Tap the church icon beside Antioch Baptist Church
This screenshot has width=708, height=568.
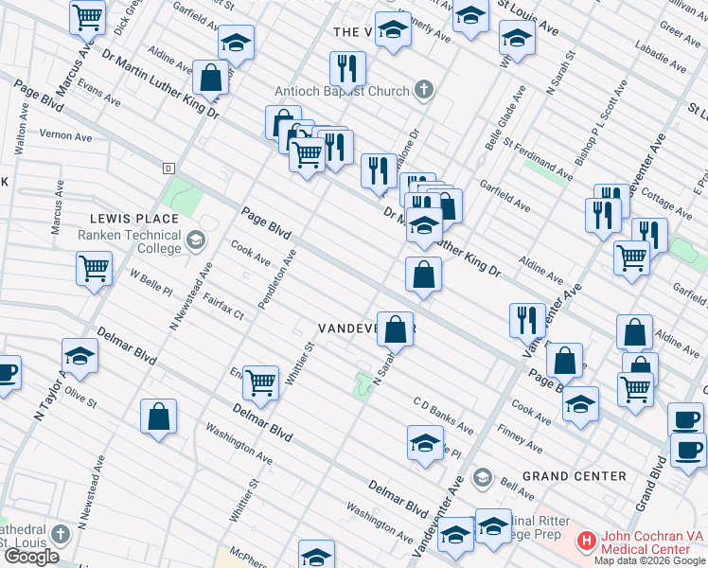[x=424, y=91]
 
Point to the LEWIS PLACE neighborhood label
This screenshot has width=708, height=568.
[x=134, y=219]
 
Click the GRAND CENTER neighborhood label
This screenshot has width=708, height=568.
[x=575, y=475]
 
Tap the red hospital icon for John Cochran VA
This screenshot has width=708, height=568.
[x=586, y=541]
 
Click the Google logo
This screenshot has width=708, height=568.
[x=31, y=557]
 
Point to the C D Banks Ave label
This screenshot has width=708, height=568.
[x=442, y=415]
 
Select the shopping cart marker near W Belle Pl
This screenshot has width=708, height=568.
[x=94, y=269]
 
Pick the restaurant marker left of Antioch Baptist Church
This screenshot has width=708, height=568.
[x=346, y=69]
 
